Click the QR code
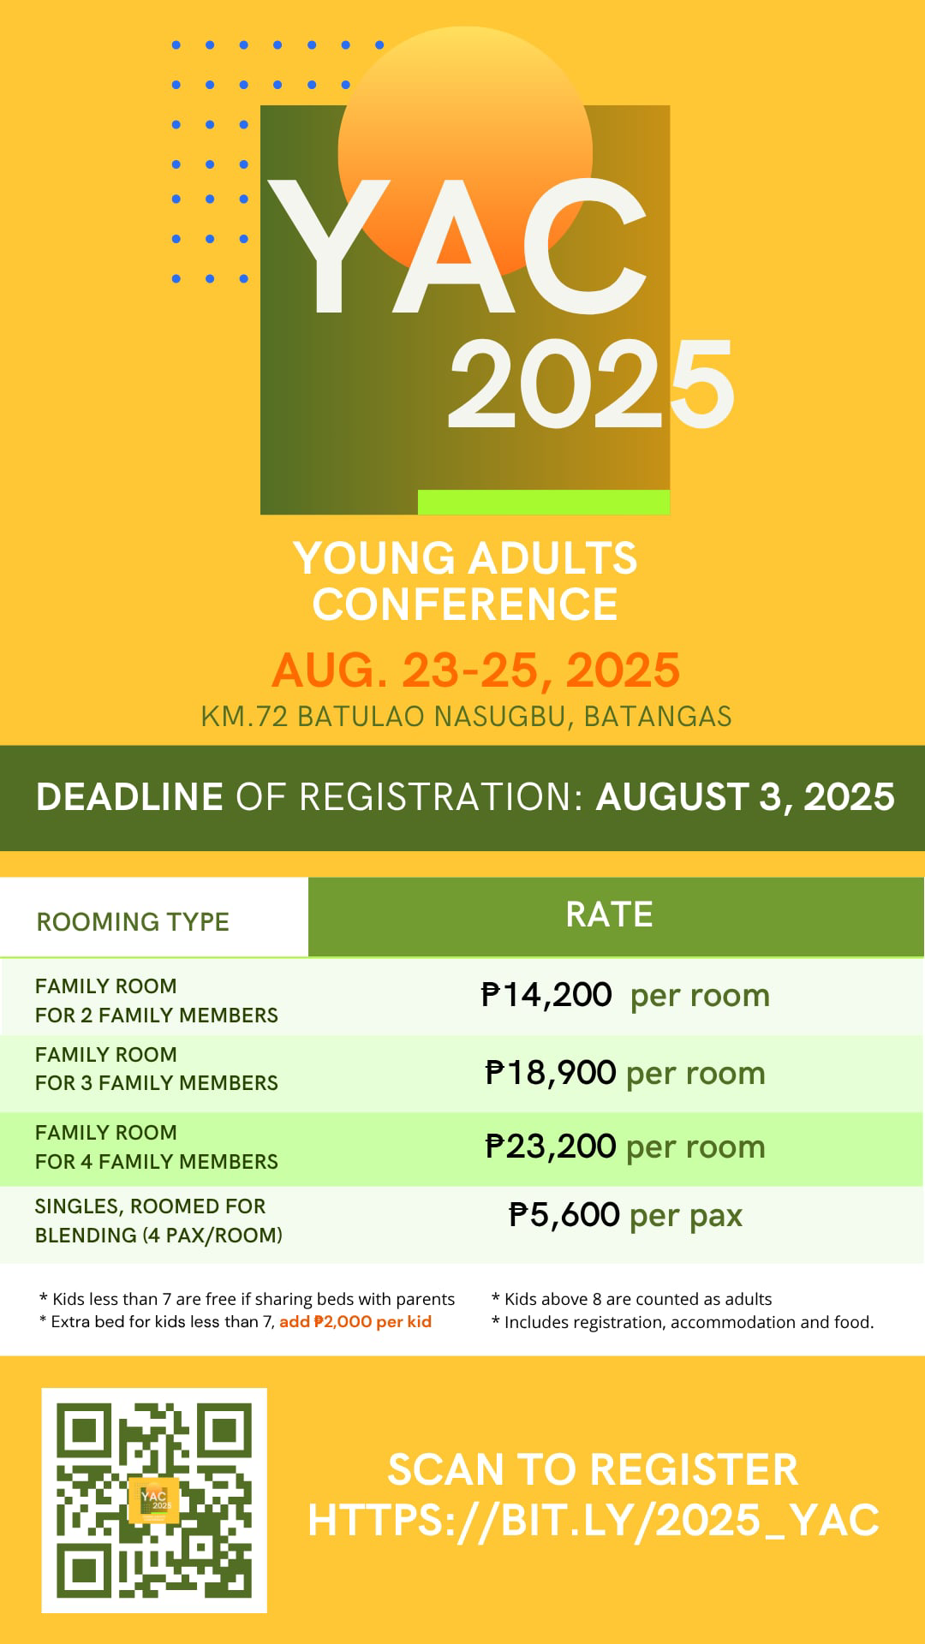pos(154,1500)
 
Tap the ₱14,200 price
pos(546,995)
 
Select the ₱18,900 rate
pos(550,1073)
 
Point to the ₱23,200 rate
pos(550,1147)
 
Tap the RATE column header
pos(609,914)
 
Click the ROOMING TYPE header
pos(133,921)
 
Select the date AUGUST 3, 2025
pos(745,797)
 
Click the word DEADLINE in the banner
pos(129,797)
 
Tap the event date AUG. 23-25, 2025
pos(475,670)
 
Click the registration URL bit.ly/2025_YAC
pos(594,1520)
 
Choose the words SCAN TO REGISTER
pos(593,1469)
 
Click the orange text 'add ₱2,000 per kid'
pos(355,1321)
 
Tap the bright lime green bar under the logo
pos(544,502)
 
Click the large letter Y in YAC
pos(331,246)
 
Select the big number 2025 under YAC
pos(591,383)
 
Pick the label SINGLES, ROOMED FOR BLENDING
pos(158,1220)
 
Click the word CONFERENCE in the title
pos(465,605)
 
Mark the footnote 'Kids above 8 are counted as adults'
pos(632,1299)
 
